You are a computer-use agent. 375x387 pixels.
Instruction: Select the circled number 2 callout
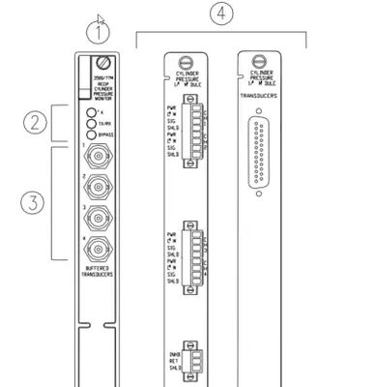pos(37,122)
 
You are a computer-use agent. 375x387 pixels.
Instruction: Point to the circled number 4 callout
pos(221,13)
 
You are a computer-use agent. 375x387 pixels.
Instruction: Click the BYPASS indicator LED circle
pos(91,133)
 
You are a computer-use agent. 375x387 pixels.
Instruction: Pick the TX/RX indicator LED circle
pos(91,122)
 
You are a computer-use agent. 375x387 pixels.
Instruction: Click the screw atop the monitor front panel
pos(101,64)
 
